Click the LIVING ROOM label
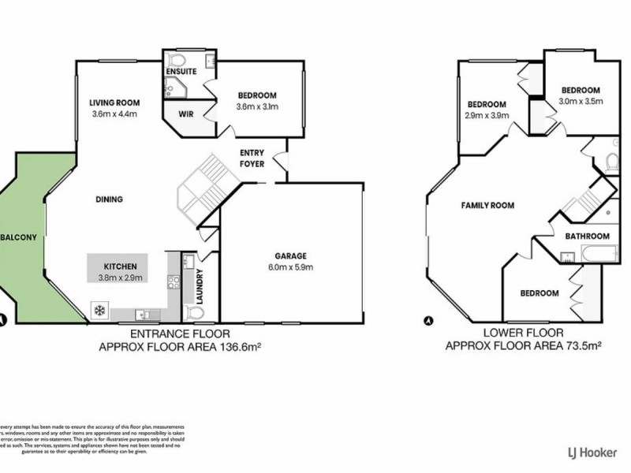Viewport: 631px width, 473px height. [x=114, y=102]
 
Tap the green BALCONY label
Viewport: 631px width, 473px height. [x=17, y=237]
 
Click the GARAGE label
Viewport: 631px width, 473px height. [x=289, y=255]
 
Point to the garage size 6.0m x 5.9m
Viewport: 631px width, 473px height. [x=289, y=266]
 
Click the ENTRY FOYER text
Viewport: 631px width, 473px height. [x=252, y=158]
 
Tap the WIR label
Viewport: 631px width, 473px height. [x=186, y=114]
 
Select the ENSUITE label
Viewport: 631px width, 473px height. [x=181, y=72]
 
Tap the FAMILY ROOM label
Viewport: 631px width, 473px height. [x=487, y=205]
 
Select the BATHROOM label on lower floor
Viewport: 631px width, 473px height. [x=587, y=236]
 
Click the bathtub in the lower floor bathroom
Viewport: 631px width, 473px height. [x=591, y=253]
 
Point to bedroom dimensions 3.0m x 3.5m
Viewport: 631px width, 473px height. [x=581, y=101]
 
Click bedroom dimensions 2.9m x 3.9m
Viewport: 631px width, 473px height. [x=486, y=115]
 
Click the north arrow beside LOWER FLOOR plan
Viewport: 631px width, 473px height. [x=428, y=321]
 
